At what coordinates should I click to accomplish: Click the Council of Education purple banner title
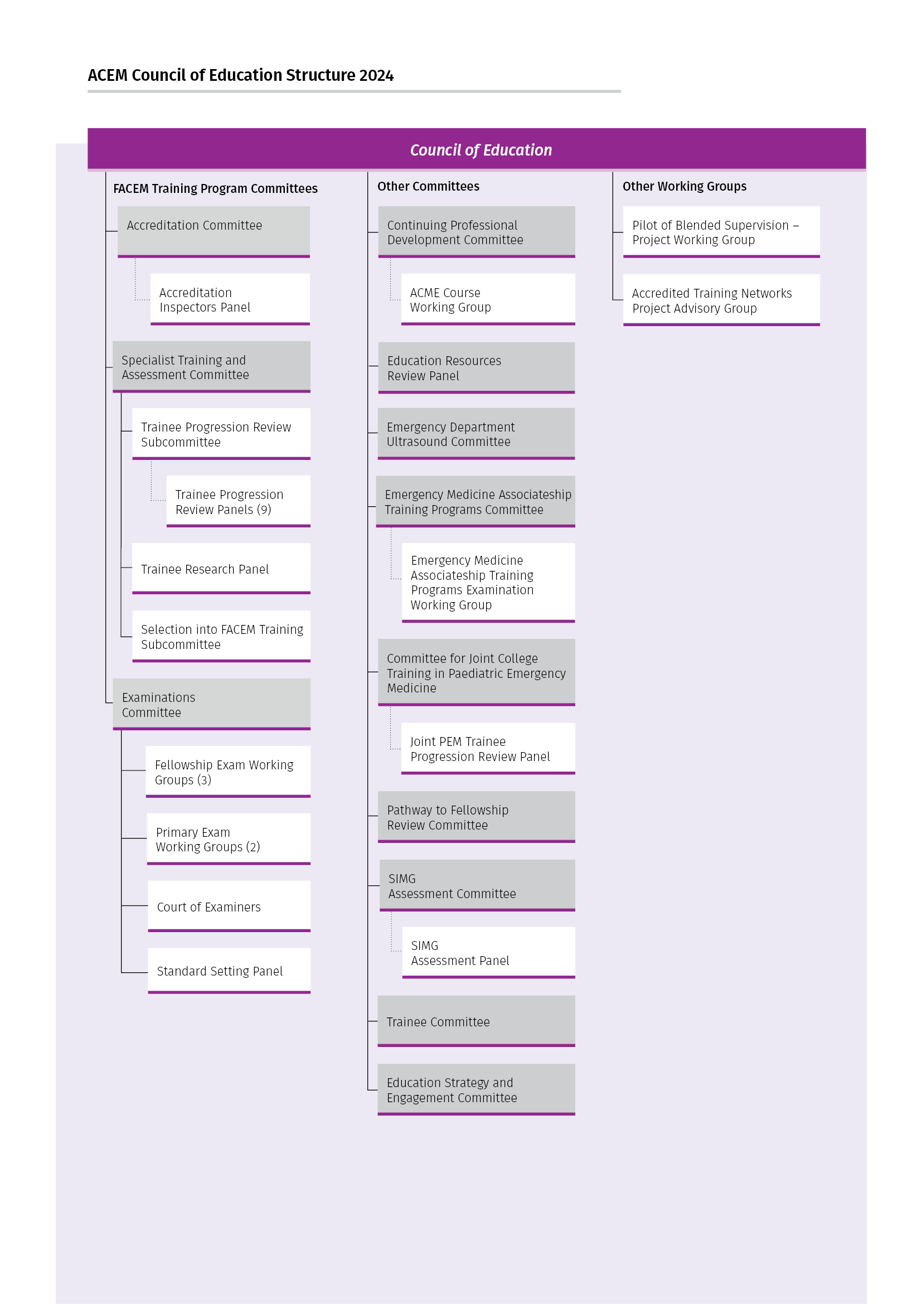(481, 150)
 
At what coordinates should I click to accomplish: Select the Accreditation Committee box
(213, 232)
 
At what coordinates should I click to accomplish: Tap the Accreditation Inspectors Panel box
(230, 299)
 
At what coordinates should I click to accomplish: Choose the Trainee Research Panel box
(221, 569)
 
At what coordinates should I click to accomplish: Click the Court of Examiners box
(229, 907)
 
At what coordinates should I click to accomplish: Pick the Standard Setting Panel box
(229, 971)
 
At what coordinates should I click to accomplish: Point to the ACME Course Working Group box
(488, 299)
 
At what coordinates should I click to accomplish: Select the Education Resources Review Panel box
(476, 367)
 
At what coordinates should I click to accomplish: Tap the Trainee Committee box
(476, 1021)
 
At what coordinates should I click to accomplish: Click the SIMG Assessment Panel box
(488, 952)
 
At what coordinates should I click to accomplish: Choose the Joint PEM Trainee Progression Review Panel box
(488, 749)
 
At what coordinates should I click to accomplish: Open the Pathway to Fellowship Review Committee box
(476, 817)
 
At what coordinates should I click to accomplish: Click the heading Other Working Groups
(684, 186)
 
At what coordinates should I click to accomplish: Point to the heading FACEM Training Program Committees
(215, 188)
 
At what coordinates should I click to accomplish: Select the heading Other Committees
(428, 186)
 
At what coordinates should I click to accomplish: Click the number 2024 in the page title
(376, 75)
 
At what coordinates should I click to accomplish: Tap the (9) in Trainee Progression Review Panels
(264, 510)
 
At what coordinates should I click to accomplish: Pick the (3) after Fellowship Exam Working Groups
(204, 780)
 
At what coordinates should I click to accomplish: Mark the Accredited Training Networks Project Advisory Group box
(721, 300)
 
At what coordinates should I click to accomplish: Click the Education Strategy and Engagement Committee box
(476, 1089)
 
